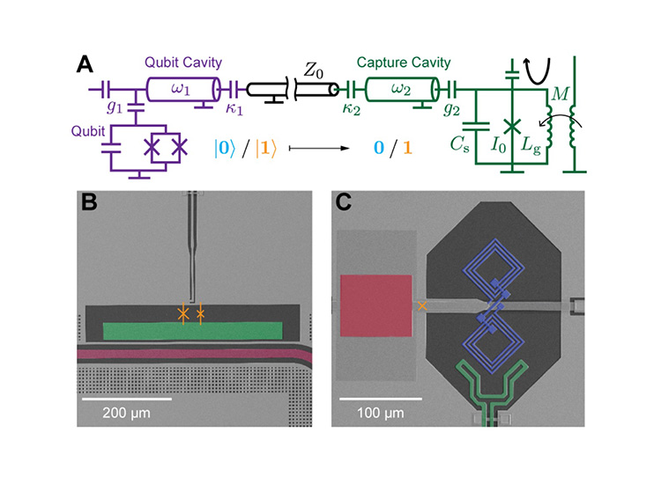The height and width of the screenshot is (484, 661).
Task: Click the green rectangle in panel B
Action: click(193, 330)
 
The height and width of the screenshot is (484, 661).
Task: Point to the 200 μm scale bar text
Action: click(128, 413)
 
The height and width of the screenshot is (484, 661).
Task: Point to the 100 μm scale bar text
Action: click(381, 413)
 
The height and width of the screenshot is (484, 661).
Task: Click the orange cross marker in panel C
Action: click(422, 304)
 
